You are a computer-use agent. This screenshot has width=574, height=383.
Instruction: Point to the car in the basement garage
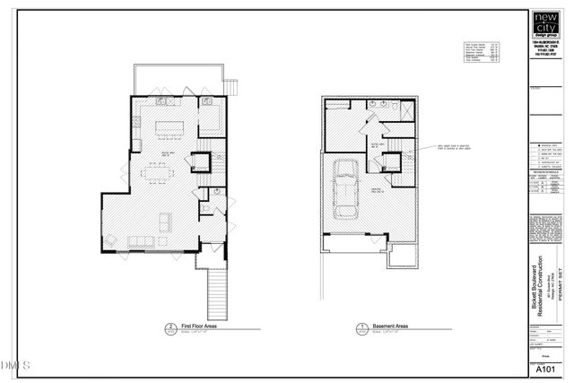pos(346,190)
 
